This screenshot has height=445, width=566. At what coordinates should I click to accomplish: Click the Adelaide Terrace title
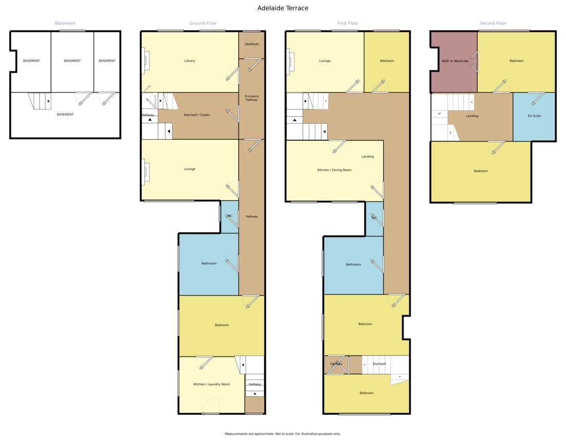(x=282, y=8)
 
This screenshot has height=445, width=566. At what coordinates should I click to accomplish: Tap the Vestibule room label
(x=252, y=44)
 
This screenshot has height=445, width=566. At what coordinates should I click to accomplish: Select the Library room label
(x=190, y=61)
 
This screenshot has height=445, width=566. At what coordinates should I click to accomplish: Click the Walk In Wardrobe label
(x=455, y=61)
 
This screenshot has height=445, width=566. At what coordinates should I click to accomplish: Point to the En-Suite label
(x=534, y=116)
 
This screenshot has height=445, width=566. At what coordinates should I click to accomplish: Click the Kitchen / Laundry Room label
(x=212, y=384)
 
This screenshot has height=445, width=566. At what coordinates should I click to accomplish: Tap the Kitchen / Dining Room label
(x=334, y=170)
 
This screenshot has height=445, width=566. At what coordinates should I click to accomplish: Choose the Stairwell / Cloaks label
(x=197, y=115)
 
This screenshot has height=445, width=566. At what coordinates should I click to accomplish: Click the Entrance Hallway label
(x=252, y=98)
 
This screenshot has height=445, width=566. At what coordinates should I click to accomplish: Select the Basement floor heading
(x=65, y=24)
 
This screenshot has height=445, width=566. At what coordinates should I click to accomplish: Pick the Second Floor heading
(x=493, y=24)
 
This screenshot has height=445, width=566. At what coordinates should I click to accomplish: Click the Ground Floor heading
(x=203, y=24)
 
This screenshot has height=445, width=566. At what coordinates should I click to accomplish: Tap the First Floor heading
(x=348, y=24)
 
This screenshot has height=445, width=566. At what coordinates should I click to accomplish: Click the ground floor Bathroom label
(x=209, y=264)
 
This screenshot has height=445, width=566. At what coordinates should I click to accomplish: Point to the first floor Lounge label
(x=325, y=61)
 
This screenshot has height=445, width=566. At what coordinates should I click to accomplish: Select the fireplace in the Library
(x=145, y=61)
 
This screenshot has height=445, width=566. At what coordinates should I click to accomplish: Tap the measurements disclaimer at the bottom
(x=282, y=434)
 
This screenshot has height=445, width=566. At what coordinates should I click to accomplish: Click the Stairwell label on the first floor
(x=379, y=364)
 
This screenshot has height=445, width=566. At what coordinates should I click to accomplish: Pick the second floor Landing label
(x=472, y=116)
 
